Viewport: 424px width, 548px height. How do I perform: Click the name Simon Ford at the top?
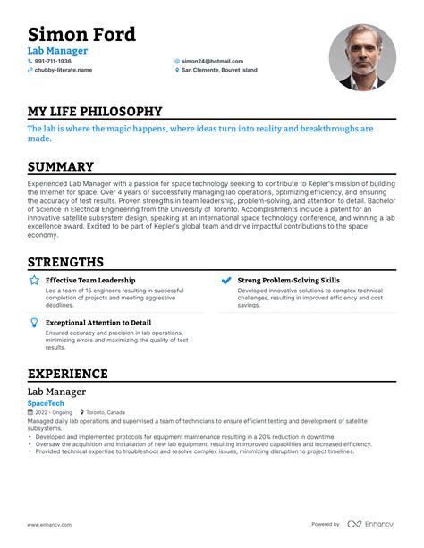[81, 35]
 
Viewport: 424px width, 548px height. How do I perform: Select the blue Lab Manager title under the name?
[57, 51]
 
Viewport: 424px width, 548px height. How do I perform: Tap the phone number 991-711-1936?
[53, 62]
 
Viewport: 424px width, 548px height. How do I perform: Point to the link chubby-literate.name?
[64, 70]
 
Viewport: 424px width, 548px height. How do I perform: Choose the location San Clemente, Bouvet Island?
[219, 70]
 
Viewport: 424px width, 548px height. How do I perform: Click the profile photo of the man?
[362, 57]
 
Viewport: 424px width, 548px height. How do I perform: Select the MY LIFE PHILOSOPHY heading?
[95, 112]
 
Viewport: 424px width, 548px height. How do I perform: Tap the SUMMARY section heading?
[61, 167]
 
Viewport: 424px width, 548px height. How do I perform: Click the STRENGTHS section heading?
[66, 262]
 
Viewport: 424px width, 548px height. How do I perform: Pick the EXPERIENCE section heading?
[68, 374]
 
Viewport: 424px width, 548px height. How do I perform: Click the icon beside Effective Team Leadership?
[33, 281]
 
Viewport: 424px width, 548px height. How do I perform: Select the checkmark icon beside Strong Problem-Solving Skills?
[226, 281]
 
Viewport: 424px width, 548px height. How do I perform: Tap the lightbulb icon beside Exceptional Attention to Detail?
[33, 323]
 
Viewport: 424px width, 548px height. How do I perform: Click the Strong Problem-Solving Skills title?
[288, 281]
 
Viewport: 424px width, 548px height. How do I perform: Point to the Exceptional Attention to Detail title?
[98, 323]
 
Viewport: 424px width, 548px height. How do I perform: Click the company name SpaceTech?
[47, 403]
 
